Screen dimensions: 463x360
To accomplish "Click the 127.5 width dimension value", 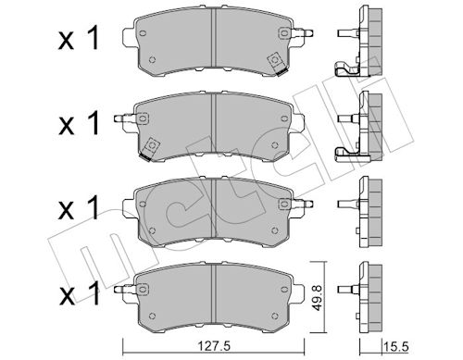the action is (x=214, y=347).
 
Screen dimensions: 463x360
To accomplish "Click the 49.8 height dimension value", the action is (x=317, y=298).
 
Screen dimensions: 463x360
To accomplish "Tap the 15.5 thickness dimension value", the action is (x=395, y=347).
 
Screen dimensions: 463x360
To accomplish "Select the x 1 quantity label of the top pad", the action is (x=79, y=38).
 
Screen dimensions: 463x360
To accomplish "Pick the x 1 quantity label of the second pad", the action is (x=79, y=123).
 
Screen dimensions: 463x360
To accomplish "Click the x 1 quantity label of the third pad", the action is (x=79, y=207).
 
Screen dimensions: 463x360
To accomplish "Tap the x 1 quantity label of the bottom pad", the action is (x=79, y=292).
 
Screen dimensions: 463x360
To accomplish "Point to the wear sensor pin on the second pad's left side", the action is (x=125, y=118).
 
